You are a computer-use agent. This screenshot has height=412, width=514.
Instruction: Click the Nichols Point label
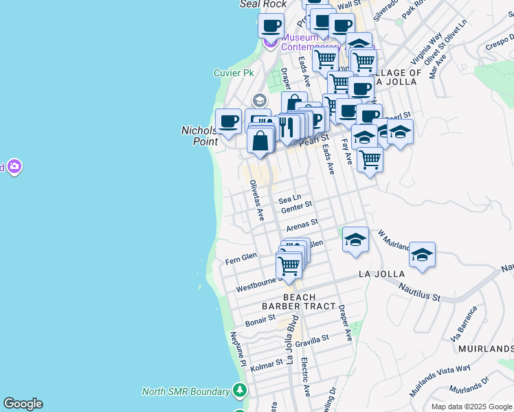coord(199,135)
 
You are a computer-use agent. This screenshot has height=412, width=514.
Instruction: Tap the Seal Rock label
coord(253,4)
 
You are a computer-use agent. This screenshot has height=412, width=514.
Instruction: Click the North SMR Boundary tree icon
coord(239,391)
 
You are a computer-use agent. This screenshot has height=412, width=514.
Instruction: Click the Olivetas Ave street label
coord(257,200)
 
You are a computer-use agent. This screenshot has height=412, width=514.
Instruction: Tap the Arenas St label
coord(302,223)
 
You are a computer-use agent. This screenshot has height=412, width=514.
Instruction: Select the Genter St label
coord(296,205)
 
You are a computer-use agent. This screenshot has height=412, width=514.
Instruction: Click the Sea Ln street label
coord(289,198)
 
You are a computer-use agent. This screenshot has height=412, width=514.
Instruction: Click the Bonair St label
coord(260,320)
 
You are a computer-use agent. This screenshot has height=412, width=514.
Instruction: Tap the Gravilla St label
coord(313,339)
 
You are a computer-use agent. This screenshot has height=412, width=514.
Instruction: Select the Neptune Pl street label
coord(238,348)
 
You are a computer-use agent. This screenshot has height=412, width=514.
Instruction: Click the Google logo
coord(23,404)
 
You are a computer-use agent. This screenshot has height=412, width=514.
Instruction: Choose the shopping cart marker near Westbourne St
coord(289,264)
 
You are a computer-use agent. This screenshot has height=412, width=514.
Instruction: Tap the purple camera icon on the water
coord(14,166)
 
